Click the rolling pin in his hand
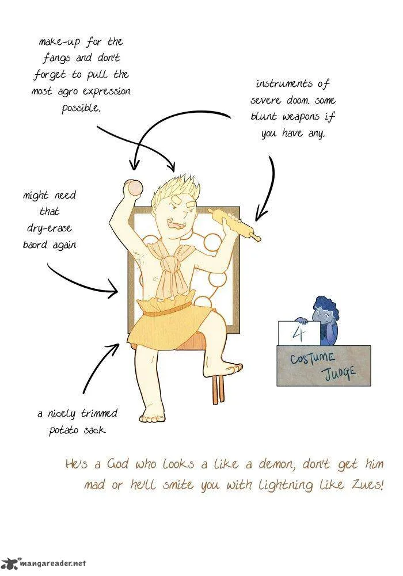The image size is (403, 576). point(234,224)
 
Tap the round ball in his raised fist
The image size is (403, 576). point(132,188)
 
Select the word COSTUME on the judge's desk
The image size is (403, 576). point(312,358)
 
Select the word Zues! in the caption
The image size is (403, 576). point(368,485)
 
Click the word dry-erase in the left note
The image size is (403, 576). point(50,228)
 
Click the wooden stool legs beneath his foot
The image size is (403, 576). point(219,390)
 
